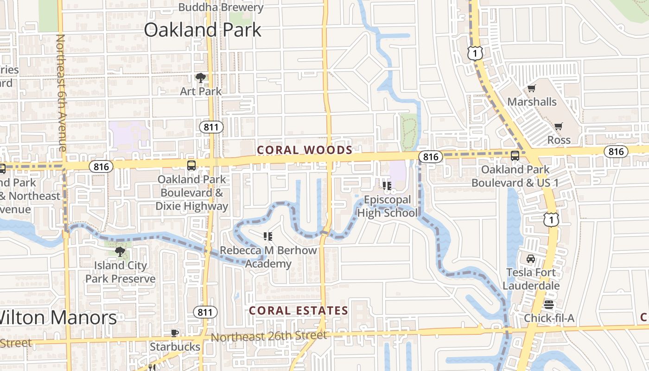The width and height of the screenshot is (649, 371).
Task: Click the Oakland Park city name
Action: (x=202, y=30)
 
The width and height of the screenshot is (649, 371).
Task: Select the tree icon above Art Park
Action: (x=200, y=77)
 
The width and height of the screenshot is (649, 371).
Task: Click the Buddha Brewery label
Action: (x=221, y=7)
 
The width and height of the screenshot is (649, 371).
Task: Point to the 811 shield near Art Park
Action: (x=212, y=127)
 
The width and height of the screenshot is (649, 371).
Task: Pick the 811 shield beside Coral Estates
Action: (x=205, y=312)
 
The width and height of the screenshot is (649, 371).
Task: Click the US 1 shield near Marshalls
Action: (x=475, y=53)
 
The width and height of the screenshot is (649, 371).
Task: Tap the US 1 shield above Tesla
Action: (x=551, y=219)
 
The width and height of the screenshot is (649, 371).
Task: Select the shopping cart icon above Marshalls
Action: (x=531, y=88)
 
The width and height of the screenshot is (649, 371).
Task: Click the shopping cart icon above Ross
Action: (x=559, y=126)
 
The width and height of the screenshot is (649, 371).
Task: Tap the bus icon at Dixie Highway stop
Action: (x=191, y=166)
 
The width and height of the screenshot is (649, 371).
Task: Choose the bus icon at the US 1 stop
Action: (x=515, y=156)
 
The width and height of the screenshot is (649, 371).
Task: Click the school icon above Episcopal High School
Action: (x=387, y=186)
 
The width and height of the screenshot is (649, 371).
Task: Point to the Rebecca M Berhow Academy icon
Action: (x=267, y=237)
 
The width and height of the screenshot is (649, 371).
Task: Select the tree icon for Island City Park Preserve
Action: (x=120, y=252)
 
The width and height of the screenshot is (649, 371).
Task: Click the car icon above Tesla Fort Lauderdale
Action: (x=530, y=258)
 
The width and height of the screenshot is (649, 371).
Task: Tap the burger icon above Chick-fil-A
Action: (x=549, y=304)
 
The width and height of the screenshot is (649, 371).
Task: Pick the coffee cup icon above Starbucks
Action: (x=175, y=333)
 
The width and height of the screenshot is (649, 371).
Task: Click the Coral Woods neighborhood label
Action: (x=305, y=150)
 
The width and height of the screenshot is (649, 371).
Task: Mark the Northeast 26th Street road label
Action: (x=269, y=336)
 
